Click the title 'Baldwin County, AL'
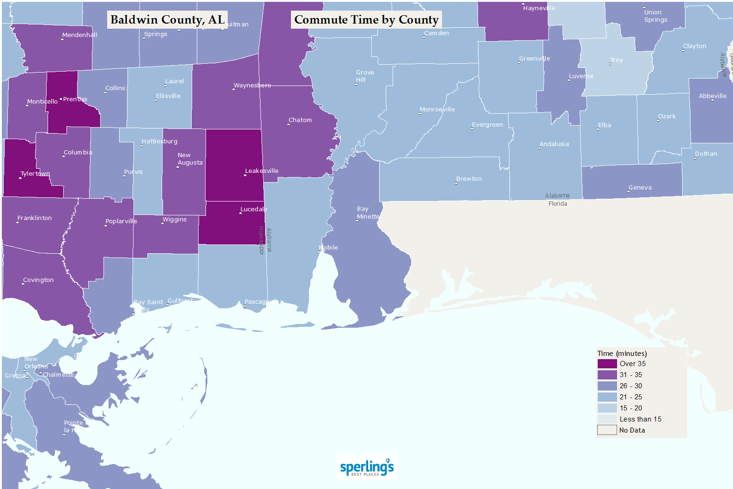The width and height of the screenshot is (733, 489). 167,20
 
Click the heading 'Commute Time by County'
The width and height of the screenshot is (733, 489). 366,20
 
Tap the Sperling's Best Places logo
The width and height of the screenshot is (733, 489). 367,467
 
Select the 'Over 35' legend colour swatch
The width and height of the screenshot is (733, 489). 607,364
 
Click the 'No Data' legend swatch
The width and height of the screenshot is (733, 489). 607,430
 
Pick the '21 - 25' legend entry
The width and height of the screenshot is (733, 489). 630,397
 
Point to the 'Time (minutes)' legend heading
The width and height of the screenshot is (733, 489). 622,354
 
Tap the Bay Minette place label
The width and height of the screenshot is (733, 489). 368,213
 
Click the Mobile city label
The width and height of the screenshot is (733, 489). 328,248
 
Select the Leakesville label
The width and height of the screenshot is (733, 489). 261,171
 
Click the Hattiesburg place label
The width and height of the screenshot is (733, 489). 159,141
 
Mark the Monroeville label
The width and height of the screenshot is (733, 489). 437,110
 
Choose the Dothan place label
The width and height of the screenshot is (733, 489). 706,154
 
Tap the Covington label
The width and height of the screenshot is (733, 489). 38,280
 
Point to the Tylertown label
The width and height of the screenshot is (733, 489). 35,174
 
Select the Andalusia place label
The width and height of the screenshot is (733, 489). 554,144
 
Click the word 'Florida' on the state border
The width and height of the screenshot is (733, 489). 557,204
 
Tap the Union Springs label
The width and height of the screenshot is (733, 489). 655,16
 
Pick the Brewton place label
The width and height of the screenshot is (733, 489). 469,179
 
